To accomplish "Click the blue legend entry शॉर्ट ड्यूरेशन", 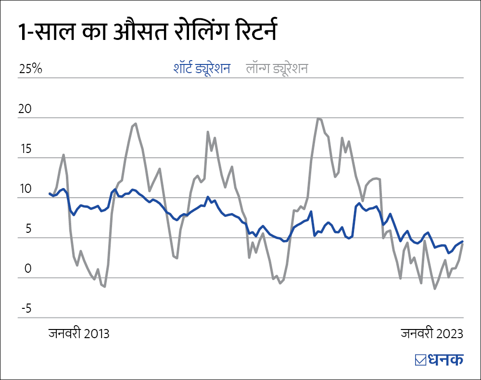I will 202,68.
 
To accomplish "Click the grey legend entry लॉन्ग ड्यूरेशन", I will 277,68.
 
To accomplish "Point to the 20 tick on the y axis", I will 25,109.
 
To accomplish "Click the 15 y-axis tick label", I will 25,149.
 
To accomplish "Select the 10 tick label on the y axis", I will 25,189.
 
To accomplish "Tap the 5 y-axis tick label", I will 28,228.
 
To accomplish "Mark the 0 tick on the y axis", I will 28,268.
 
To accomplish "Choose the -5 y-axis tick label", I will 25,308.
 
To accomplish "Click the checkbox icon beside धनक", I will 419,360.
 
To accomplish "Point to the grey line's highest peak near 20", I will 318,118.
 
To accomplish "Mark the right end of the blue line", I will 463,241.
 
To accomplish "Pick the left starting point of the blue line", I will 50,193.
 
